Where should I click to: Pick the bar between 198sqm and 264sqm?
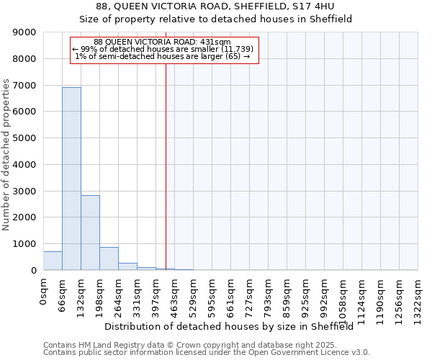pos(109,258)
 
